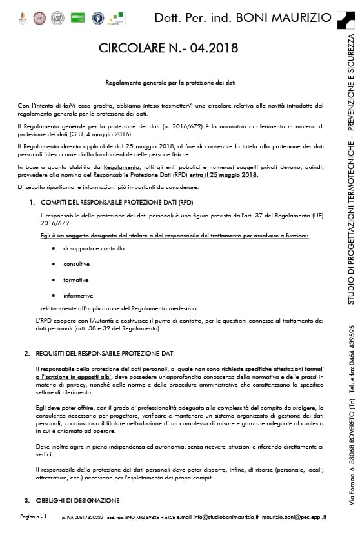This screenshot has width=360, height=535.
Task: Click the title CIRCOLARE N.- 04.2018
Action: coord(168,48)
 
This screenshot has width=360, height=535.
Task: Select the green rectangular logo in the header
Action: coord(78,17)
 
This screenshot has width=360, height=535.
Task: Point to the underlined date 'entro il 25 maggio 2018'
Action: coord(225,175)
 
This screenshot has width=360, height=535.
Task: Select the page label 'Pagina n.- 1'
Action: coord(33,518)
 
